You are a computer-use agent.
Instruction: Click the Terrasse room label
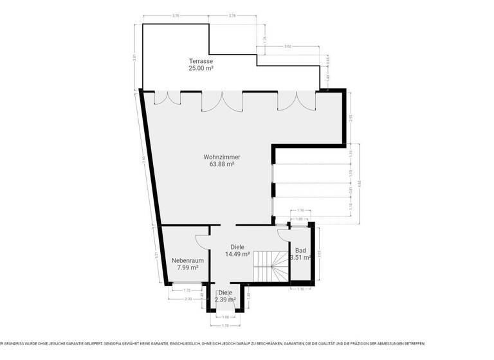click(201, 60)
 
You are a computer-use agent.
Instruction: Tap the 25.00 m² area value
click(201, 67)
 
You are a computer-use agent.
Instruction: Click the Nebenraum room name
click(188, 260)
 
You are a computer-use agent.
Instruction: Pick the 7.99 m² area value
click(188, 267)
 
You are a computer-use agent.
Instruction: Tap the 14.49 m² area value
click(237, 254)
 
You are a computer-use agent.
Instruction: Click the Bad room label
click(300, 250)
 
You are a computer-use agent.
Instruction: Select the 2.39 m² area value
click(225, 300)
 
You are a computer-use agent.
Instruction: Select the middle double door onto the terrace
click(222, 101)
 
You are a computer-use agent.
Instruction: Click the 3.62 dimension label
click(288, 47)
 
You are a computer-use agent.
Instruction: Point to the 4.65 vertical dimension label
click(368, 183)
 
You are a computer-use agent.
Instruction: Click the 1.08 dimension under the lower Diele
click(225, 317)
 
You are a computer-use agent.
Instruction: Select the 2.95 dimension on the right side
click(350, 117)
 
